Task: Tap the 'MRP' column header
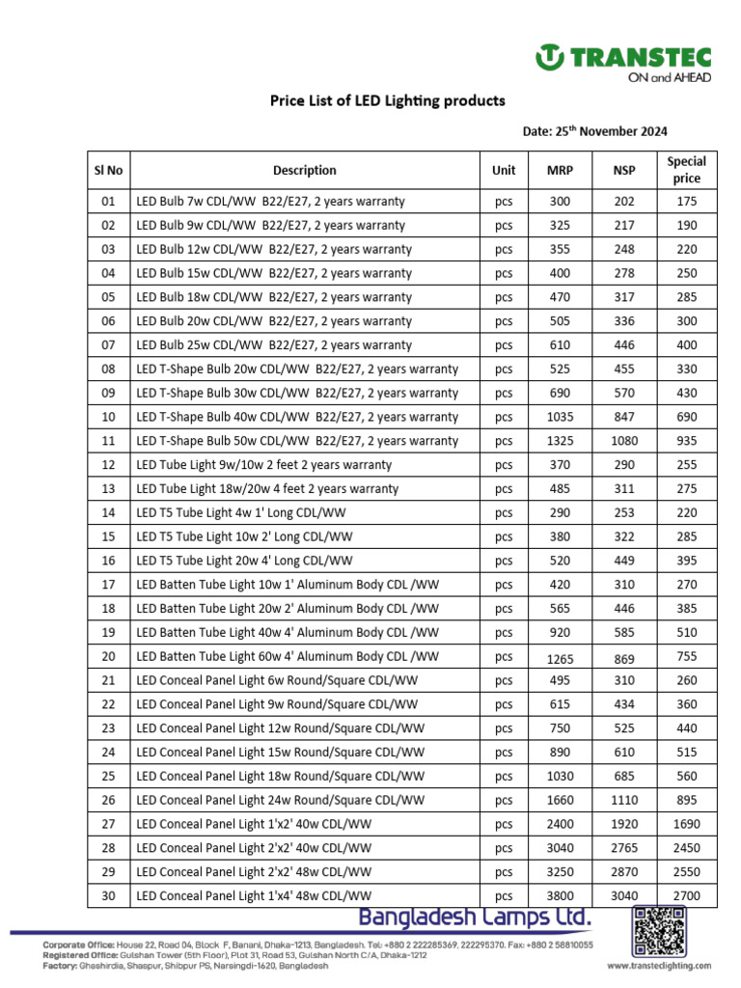[x=560, y=170]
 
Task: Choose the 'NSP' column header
[x=624, y=170]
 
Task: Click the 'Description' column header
[x=305, y=170]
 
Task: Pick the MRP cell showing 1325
[x=560, y=441]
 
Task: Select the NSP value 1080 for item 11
[x=624, y=441]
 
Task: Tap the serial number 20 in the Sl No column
[x=108, y=657]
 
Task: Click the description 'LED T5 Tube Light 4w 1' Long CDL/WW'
[x=244, y=513]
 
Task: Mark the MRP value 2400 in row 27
[x=560, y=824]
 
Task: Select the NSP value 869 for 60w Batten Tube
[x=624, y=657]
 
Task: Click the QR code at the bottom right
[x=661, y=932]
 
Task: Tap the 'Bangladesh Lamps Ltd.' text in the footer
[x=476, y=916]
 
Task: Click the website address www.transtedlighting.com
[x=659, y=965]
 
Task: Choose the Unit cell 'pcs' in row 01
[x=504, y=202]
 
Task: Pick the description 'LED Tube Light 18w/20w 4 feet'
[x=267, y=489]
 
